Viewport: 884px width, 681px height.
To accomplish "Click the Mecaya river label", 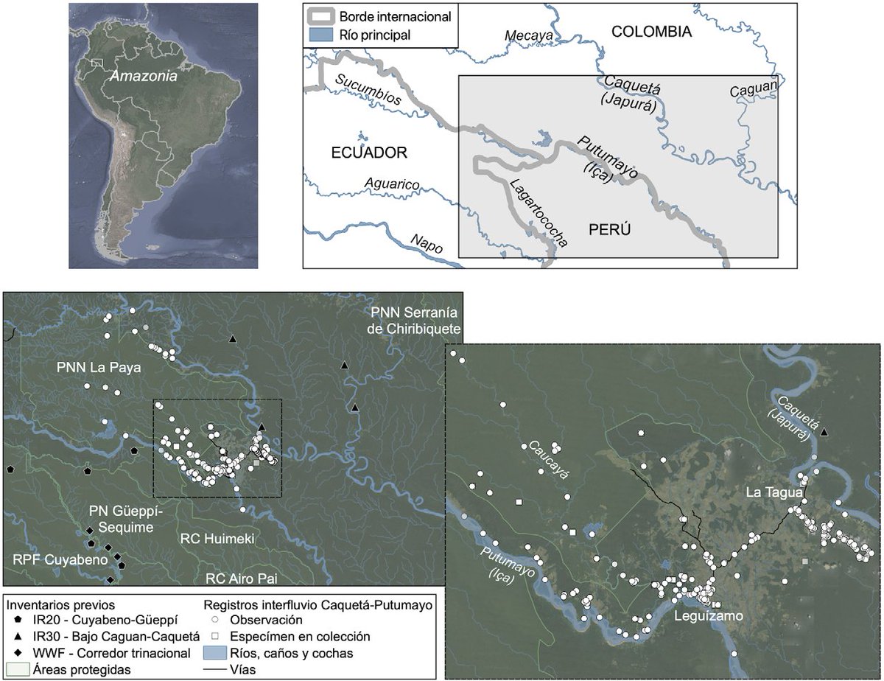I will tap(527, 34).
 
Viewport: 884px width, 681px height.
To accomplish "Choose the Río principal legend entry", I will tap(376, 35).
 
